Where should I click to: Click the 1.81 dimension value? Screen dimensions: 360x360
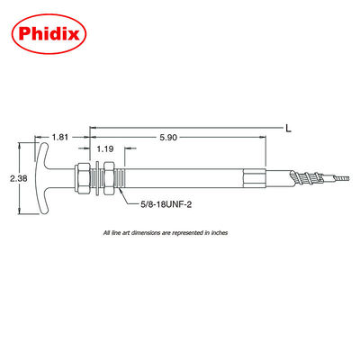point(60,137)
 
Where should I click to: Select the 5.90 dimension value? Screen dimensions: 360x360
point(168,137)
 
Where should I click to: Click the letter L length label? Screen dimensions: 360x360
point(288,129)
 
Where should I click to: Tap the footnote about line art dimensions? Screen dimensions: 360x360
point(165,232)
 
